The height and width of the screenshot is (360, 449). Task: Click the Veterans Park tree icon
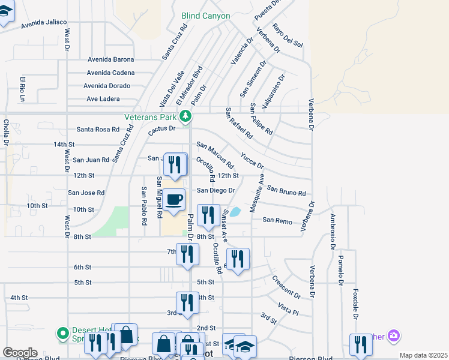point(186,116)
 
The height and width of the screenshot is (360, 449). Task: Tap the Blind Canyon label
point(206,16)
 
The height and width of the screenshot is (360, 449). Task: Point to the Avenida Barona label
point(110,59)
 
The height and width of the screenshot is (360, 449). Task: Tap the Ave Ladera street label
point(103,99)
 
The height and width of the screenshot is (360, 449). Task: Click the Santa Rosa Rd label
point(98,129)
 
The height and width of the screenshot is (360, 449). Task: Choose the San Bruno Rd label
point(286,191)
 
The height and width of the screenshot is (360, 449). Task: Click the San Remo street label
point(277,221)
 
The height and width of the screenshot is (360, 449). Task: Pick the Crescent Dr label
point(286,287)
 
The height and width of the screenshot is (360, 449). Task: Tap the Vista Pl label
point(288,310)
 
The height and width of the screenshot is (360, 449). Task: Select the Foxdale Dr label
point(355,305)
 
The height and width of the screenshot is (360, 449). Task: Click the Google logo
point(20,353)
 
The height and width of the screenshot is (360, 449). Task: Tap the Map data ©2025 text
point(423,355)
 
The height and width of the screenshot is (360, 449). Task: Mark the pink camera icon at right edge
point(394,335)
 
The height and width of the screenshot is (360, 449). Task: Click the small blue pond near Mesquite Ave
point(235,211)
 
